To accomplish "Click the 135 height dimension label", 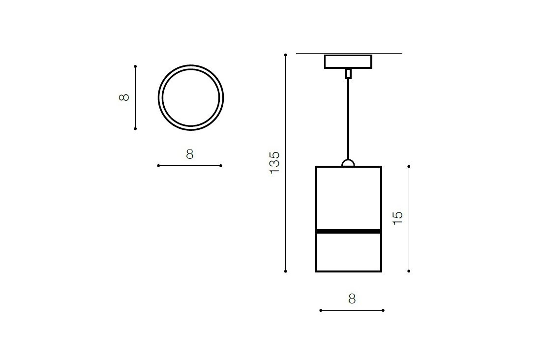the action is click(274, 162).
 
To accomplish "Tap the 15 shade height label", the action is click(398, 218).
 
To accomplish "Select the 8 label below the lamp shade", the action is click(352, 299).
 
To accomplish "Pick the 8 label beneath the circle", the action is click(190, 154).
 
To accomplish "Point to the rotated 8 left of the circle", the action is click(124, 97).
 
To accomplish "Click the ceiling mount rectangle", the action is click(348, 62).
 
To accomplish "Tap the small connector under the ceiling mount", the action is click(348, 74).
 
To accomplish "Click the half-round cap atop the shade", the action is click(348, 163).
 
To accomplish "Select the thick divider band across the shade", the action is click(349, 231).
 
